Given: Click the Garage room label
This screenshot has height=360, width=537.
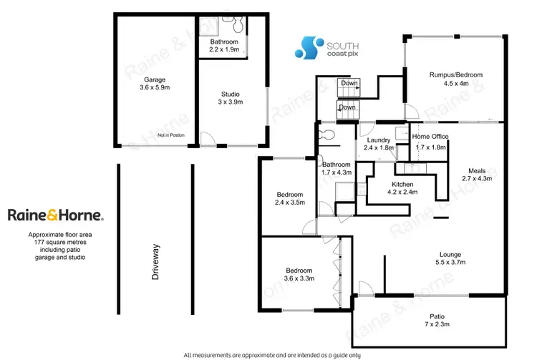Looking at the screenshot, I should pos(155,79).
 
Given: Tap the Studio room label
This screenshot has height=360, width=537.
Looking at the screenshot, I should pos(230,94).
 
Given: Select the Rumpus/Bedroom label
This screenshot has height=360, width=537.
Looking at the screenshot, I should pos(456,74).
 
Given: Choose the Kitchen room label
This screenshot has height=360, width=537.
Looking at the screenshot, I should pos(402,184).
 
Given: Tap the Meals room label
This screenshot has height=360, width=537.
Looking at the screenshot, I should pos(477,170).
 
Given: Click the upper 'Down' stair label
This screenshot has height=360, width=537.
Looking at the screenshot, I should pos(349,83).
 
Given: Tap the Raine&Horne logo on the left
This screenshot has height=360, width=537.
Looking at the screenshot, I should pos(56,215).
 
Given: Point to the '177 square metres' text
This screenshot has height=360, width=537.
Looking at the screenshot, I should pos(56,242).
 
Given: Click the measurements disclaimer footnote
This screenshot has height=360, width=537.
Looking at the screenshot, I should pos(271,355).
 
